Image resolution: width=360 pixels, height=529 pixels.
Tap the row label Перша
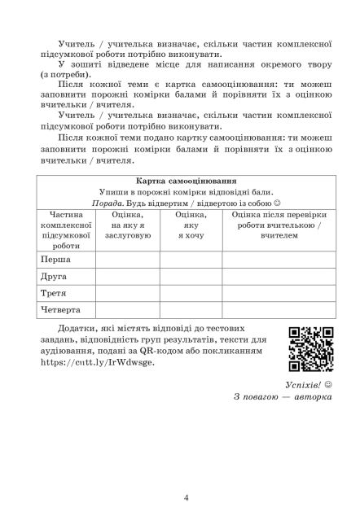(54, 259)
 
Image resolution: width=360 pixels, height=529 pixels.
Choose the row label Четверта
(61, 309)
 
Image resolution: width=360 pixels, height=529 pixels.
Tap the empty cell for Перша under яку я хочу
(191, 259)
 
